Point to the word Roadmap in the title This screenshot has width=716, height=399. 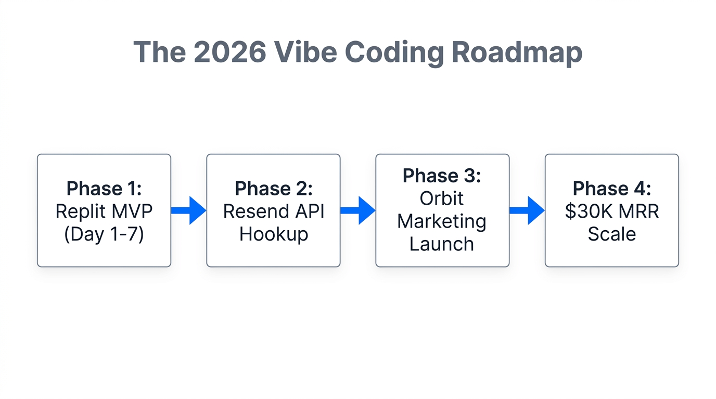point(517,52)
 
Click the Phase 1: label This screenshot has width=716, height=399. point(104,188)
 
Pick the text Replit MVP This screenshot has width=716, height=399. point(104,211)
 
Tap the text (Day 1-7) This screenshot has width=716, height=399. point(104,234)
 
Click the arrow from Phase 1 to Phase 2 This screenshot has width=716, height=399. point(188,210)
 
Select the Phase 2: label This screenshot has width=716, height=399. point(273,188)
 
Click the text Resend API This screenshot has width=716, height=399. point(273,211)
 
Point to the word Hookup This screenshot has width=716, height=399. point(273,234)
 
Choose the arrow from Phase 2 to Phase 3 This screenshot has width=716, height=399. point(357,210)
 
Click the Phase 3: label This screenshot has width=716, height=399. point(442,176)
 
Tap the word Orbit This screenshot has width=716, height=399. point(442,198)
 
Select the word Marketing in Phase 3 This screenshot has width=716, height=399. point(442,221)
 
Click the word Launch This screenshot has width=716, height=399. point(442,244)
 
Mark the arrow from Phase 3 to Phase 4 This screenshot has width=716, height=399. point(527,210)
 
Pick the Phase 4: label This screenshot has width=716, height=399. point(611,188)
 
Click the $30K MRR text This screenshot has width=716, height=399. point(611,211)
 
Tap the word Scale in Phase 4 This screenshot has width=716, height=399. point(611,234)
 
